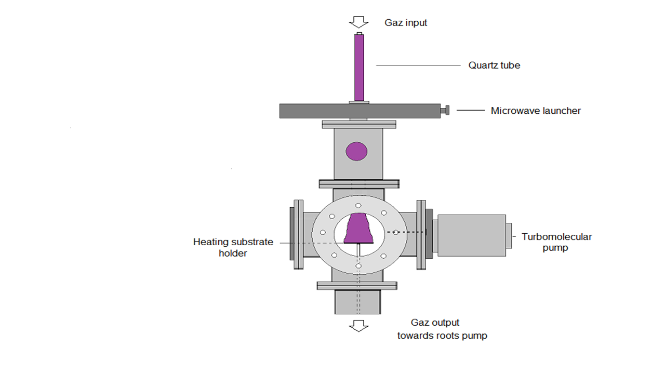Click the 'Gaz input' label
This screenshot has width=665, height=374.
click(406, 22)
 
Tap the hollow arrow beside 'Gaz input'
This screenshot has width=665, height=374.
click(358, 22)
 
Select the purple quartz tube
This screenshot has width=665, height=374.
click(359, 68)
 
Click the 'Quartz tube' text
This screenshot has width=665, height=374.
click(494, 65)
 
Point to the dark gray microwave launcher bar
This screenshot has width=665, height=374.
click(360, 111)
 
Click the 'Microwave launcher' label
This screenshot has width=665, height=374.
click(536, 111)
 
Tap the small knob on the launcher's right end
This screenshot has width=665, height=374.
click(445, 111)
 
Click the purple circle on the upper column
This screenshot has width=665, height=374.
click(356, 151)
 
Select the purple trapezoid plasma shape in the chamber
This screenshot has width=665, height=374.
click(358, 228)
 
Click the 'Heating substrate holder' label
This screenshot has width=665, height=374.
click(233, 248)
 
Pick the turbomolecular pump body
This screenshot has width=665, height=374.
click(471, 235)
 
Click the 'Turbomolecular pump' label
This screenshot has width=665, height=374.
click(556, 242)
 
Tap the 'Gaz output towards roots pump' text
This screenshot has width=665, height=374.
click(442, 329)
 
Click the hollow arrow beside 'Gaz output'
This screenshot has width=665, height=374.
click(358, 326)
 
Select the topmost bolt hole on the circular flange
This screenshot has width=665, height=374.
click(358, 205)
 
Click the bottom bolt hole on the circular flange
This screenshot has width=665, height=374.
click(358, 266)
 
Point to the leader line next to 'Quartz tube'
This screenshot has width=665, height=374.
click(418, 65)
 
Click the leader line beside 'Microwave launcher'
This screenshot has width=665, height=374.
click(471, 111)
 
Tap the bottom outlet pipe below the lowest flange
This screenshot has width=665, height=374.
click(358, 302)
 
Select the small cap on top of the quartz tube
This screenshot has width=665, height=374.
click(359, 34)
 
